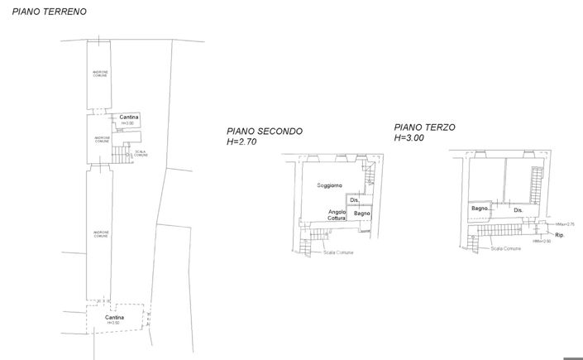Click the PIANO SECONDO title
tap(265, 132)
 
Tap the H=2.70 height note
tap(242, 142)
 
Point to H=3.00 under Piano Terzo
tap(409, 138)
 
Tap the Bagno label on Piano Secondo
tap(362, 214)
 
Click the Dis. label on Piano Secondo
tap(354, 200)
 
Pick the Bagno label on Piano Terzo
tap(480, 209)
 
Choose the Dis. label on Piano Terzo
tap(518, 210)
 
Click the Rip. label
tap(560, 236)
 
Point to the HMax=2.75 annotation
tap(565, 224)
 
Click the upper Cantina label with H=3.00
tap(129, 118)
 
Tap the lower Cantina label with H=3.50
tap(115, 318)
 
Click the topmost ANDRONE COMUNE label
tap(99, 74)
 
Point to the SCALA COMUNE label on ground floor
tap(141, 154)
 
